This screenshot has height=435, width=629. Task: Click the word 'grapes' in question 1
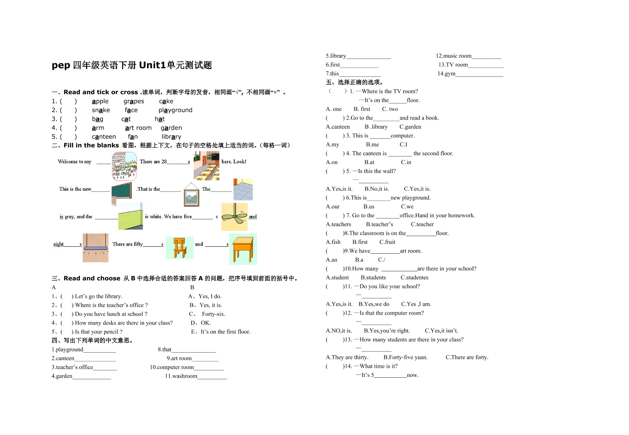click(x=133, y=101)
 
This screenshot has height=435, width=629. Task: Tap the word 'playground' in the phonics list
click(x=175, y=110)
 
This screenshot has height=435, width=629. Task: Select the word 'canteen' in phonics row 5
click(x=104, y=137)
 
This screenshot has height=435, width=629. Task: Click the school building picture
click(x=124, y=166)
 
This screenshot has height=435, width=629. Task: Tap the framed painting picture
click(x=191, y=195)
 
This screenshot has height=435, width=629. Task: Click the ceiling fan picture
click(x=234, y=216)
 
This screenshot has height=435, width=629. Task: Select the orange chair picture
click(x=179, y=248)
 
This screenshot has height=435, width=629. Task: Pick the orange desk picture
click(x=243, y=249)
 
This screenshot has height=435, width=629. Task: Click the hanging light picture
click(x=95, y=248)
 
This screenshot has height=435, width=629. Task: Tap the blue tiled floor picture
click(x=243, y=189)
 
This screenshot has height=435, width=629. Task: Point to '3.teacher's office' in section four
click(x=72, y=367)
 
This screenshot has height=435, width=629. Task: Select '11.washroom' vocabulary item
click(x=181, y=376)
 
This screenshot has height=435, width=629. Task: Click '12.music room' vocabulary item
click(x=454, y=56)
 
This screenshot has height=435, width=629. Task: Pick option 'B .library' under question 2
click(x=376, y=127)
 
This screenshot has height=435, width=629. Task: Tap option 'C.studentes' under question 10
click(x=414, y=278)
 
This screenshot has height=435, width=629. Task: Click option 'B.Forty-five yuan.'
click(x=405, y=358)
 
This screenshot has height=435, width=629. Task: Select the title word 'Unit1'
click(x=152, y=65)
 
